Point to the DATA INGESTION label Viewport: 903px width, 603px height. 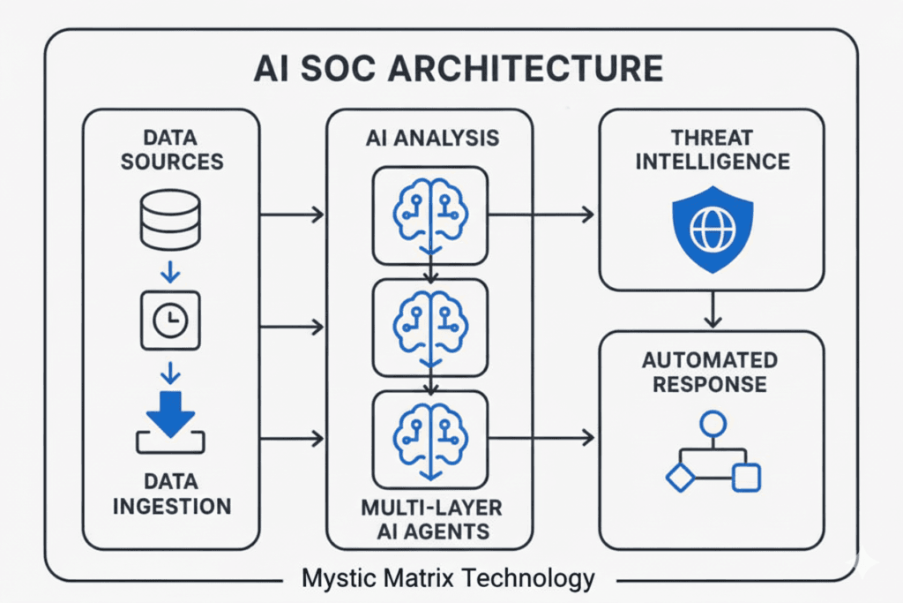172,494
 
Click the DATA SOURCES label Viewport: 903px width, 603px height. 172,149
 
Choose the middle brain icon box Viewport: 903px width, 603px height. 429,327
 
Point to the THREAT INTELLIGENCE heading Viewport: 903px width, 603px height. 713,149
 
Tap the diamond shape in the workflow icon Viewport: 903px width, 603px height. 680,478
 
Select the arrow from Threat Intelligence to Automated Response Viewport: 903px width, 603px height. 713,310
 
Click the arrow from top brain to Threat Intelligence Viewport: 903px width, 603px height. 542,215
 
